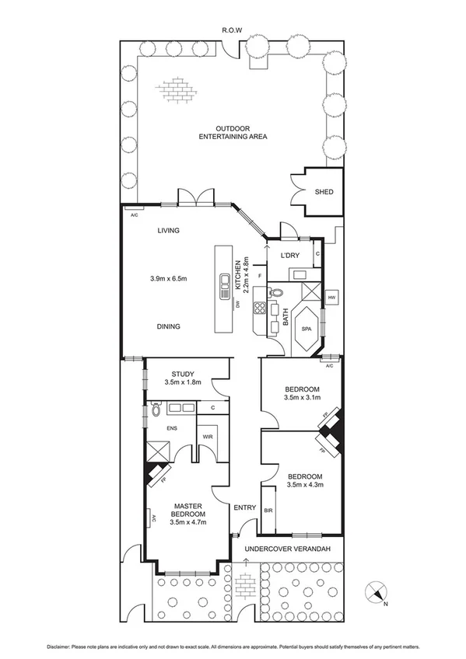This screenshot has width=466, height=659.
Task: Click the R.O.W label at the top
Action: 232,30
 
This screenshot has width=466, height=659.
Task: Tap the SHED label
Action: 324,192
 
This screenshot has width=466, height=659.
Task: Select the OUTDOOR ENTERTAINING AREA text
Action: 233,132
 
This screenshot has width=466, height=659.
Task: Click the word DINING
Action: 168,326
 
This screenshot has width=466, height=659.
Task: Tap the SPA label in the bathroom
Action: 306,329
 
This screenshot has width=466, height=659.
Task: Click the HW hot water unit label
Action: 331,298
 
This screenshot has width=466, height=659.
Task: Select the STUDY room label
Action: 184,373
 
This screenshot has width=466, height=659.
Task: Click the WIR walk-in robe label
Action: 208,437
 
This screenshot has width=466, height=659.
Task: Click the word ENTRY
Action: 245,507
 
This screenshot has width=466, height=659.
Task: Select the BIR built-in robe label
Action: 269,511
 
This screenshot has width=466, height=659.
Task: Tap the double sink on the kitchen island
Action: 224,281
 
